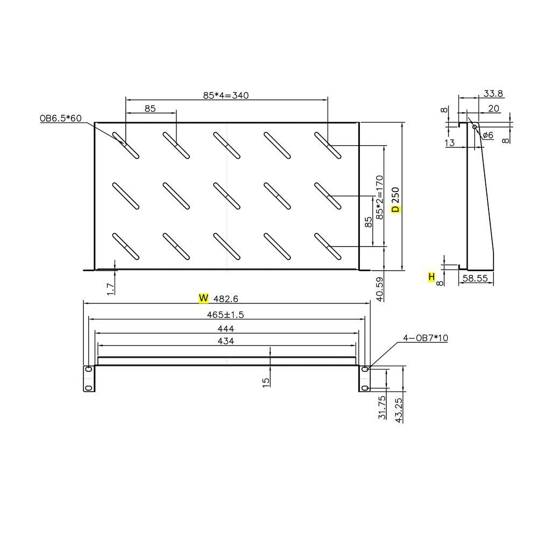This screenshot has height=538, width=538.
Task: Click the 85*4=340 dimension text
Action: (x=226, y=95)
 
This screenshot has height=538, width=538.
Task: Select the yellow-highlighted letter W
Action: (x=203, y=298)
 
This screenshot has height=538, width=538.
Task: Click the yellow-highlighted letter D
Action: (x=395, y=208)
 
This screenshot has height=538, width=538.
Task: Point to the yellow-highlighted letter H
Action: (x=431, y=277)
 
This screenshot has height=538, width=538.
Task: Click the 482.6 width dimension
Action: (x=226, y=299)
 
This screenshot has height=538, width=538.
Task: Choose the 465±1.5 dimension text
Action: (x=226, y=314)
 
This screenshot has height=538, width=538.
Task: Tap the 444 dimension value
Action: (x=226, y=328)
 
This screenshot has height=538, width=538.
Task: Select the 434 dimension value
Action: (x=226, y=341)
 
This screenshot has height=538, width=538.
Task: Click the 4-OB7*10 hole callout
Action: (x=426, y=338)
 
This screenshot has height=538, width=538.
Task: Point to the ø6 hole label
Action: (x=487, y=135)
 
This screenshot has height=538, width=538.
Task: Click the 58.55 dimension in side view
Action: (x=476, y=278)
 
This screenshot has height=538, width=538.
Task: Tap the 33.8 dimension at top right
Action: (x=493, y=94)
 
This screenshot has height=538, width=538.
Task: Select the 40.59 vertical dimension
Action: (x=380, y=288)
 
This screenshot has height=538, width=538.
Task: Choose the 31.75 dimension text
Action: (x=382, y=407)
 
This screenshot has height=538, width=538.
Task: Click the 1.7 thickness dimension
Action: (x=111, y=288)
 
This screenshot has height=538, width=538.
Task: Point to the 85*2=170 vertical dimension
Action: (x=380, y=196)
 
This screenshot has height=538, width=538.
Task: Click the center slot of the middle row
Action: (x=226, y=196)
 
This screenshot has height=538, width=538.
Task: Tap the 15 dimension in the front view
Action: (x=266, y=382)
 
